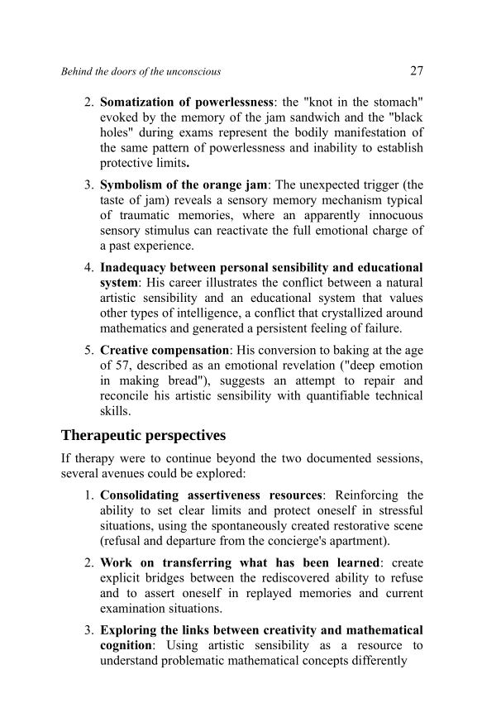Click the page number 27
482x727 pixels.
(x=416, y=70)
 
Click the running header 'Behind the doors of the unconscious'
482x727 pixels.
(x=141, y=72)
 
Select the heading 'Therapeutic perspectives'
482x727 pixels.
(x=143, y=435)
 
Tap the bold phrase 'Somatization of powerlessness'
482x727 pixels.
(x=187, y=103)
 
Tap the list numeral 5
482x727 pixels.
(x=88, y=351)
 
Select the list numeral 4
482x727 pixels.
(x=88, y=268)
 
